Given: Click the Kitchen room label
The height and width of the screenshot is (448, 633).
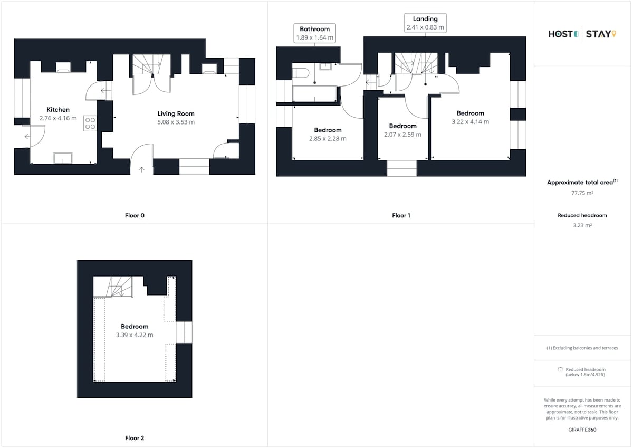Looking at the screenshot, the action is [x=58, y=110].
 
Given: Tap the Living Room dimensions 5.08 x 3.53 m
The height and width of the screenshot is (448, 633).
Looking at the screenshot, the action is [x=176, y=122].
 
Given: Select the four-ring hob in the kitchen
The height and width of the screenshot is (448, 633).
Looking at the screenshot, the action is [x=90, y=123].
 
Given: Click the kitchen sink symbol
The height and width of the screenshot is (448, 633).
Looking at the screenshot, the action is [x=63, y=158].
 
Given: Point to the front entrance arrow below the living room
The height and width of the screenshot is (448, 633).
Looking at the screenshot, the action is [x=141, y=169].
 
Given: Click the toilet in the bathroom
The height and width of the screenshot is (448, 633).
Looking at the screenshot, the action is [x=300, y=73].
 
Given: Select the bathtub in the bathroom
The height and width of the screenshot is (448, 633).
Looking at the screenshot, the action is [x=314, y=93].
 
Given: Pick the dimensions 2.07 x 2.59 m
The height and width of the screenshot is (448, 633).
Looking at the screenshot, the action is [x=402, y=135].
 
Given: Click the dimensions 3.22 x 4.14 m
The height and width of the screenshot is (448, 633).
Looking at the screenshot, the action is [x=470, y=122].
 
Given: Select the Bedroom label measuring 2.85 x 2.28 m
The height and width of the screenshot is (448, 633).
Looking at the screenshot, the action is [x=328, y=130].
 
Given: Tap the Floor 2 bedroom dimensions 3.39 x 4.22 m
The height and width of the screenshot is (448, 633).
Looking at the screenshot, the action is [x=135, y=335].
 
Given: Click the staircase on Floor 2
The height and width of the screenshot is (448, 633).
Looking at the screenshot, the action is [x=113, y=287].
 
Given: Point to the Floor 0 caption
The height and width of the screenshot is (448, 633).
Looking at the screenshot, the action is [x=135, y=215].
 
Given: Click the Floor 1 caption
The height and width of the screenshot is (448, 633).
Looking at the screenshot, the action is [x=401, y=215].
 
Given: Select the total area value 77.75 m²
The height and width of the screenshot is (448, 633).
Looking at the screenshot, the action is [x=582, y=193].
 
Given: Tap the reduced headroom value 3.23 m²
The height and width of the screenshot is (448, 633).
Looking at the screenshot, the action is [x=582, y=225].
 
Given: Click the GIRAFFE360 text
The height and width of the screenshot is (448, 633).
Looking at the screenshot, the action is [x=582, y=430].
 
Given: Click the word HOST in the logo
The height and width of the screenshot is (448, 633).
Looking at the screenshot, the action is [x=560, y=34].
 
